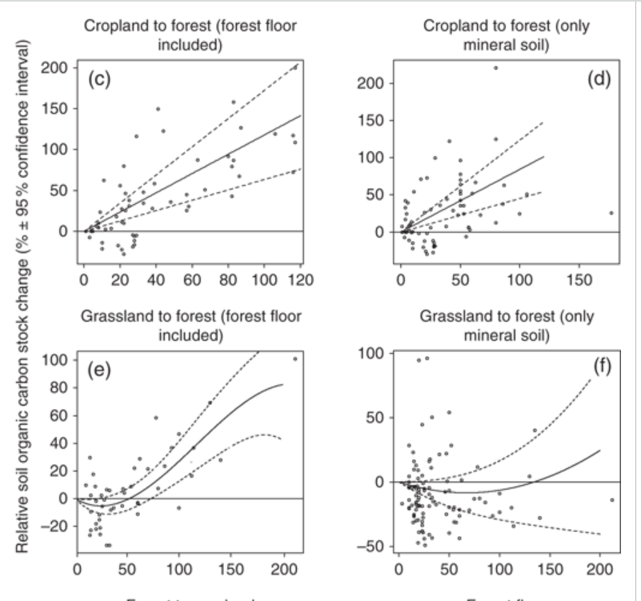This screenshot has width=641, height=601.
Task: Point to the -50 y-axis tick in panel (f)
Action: (377, 547)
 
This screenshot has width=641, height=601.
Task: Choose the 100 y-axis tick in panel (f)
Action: (375, 353)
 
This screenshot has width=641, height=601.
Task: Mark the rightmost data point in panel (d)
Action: (611, 213)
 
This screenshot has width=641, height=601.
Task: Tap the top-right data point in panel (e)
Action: (295, 359)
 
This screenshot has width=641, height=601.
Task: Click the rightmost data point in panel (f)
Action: (612, 500)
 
